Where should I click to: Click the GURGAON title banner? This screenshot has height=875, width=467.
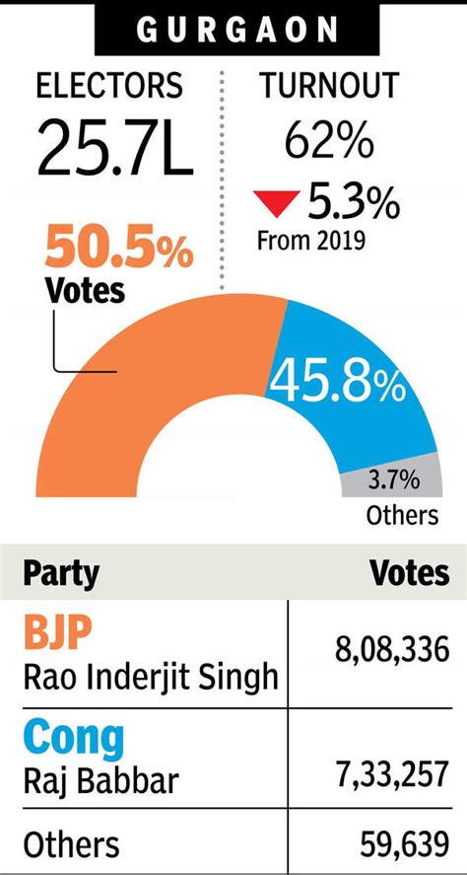(233, 30)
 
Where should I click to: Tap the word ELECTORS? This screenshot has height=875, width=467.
(108, 86)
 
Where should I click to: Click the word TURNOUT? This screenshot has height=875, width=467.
(329, 86)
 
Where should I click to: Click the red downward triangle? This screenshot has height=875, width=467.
(276, 204)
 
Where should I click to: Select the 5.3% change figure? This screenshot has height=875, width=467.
(353, 203)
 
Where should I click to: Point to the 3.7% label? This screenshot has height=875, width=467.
(394, 481)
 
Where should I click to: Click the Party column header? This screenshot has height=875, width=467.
(61, 573)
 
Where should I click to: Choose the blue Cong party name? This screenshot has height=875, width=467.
(75, 737)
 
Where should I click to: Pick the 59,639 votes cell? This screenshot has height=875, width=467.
(402, 844)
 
